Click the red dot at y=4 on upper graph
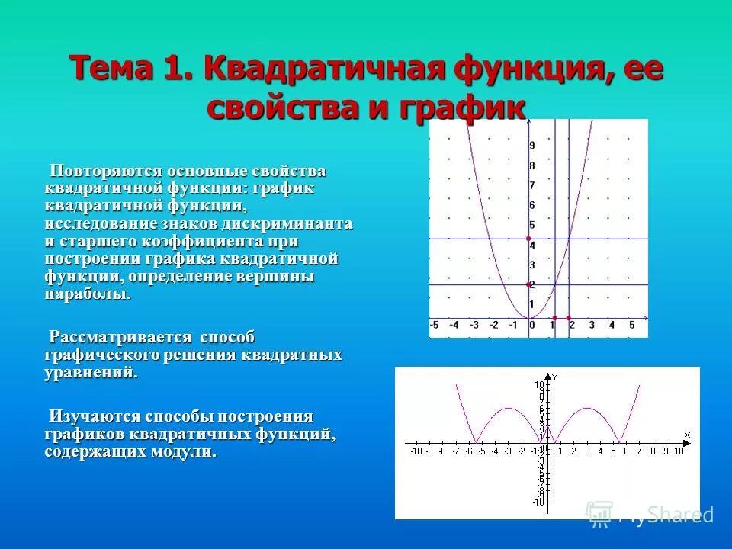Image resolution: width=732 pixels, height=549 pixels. [528, 239]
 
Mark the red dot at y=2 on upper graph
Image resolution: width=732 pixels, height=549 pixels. [528, 284]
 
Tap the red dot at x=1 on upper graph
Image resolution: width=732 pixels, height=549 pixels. [554, 317]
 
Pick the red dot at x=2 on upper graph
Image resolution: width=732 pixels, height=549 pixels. [569, 317]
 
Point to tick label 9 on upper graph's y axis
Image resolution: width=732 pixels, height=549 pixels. [531, 146]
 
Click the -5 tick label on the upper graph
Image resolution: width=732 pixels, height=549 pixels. [434, 326]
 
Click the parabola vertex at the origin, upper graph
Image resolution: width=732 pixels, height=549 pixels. [528, 317]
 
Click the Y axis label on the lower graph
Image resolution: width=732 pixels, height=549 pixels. [554, 377]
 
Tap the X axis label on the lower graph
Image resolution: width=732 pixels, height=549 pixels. [687, 435]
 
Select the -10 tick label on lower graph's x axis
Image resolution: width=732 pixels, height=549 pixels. [416, 451]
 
